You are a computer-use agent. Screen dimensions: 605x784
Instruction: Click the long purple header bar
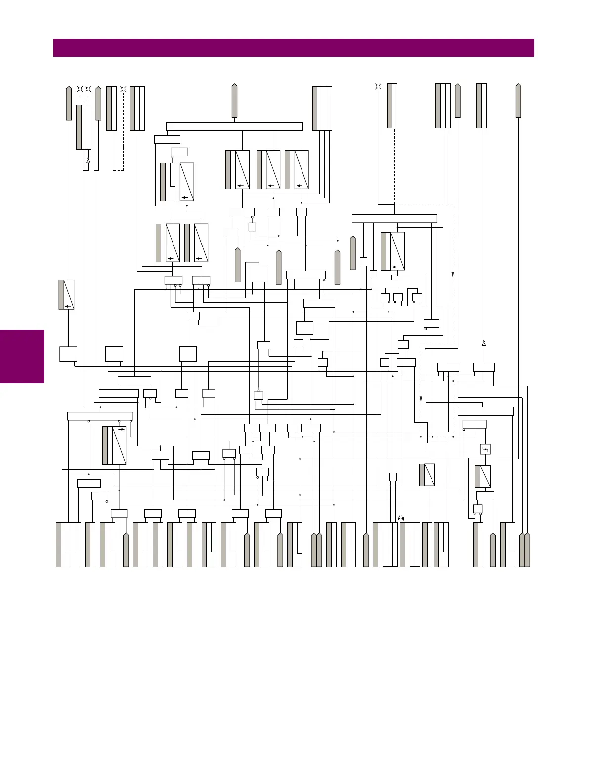pos(294,48)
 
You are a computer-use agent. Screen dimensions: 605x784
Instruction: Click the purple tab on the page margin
pos(22,356)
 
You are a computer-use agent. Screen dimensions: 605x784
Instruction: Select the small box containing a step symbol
pos(485,449)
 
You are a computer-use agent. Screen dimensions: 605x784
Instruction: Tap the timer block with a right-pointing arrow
pos(114,445)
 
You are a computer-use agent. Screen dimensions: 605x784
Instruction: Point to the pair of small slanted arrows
pos(401,518)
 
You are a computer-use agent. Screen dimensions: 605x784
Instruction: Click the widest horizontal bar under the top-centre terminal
pos(234,126)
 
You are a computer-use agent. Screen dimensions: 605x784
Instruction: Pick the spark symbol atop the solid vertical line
pos(378,88)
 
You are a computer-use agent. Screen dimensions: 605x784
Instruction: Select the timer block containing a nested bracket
pos(177,182)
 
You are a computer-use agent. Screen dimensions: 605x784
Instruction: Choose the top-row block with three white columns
pos(322,108)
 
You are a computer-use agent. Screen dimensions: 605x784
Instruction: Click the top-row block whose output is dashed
pos(392,106)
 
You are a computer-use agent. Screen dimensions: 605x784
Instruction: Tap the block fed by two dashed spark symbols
pos(84,127)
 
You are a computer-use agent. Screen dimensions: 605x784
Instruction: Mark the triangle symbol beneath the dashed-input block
pos(88,161)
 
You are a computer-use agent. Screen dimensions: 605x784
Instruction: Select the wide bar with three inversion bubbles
pos(100,416)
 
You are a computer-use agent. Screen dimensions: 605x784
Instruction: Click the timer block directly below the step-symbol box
pos(483,476)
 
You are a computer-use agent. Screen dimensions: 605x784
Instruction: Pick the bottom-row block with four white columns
pos(385,544)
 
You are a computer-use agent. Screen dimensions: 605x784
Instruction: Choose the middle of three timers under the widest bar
pos(268,170)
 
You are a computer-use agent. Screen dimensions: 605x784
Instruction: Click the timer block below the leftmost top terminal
pos(66,294)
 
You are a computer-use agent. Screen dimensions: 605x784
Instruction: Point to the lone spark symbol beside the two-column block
pos(123,90)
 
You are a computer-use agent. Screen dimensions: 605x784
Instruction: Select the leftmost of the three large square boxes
pos(68,354)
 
